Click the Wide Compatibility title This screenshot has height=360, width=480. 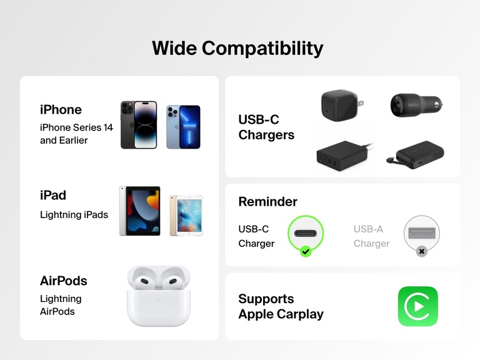[237, 48]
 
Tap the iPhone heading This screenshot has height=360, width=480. [61, 109]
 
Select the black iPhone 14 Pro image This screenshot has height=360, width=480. [139, 125]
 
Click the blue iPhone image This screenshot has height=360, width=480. [183, 127]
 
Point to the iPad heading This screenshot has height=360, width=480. [53, 195]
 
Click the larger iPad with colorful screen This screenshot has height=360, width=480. [139, 211]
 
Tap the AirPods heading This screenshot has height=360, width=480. [64, 281]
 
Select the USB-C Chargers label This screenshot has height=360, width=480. [266, 127]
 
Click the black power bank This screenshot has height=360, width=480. [415, 152]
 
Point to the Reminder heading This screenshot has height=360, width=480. [267, 202]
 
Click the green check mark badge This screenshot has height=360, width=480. [306, 251]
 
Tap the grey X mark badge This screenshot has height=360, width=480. [422, 251]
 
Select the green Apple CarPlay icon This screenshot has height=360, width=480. [417, 306]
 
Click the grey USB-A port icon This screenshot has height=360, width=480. [422, 233]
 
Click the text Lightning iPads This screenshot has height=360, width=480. [74, 215]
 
